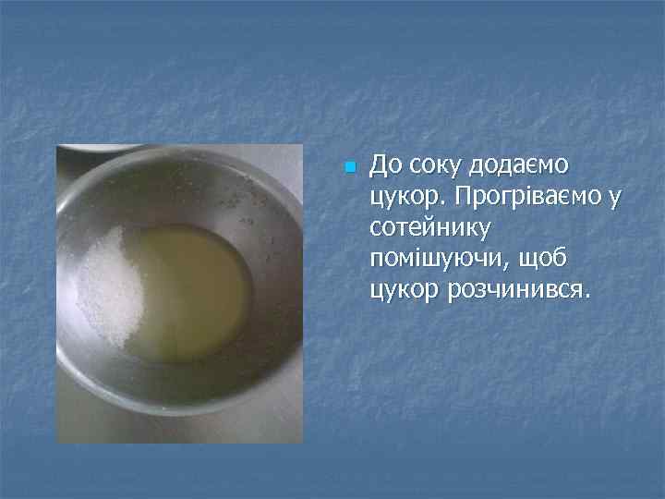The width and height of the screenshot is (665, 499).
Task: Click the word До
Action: pos(386,165)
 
